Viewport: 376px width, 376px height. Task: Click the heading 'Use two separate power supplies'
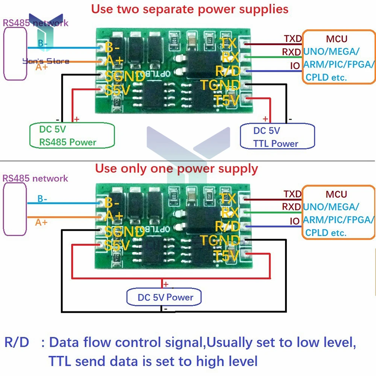190,9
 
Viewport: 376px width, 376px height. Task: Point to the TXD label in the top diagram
293,39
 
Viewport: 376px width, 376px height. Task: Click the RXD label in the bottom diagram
291,207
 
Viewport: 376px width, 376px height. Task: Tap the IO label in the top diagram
295,66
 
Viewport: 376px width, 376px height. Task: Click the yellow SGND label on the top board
124,76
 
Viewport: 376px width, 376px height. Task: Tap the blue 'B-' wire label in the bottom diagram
42,199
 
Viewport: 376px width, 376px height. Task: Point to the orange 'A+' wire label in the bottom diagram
41,222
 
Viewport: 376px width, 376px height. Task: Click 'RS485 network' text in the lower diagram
35,178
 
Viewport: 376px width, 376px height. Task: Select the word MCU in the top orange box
337,39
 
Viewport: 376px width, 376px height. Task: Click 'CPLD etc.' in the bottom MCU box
326,233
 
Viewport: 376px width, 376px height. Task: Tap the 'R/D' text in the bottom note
17,343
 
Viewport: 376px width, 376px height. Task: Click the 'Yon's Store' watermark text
46,61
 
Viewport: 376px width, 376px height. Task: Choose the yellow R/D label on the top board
228,70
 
